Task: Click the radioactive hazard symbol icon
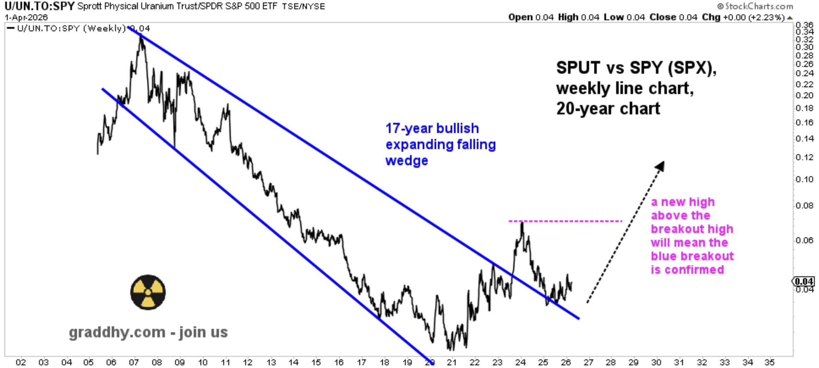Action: pos(148,292)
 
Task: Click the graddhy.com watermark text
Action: pos(148,332)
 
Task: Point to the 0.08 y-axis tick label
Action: pos(805,205)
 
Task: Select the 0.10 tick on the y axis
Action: pos(805,179)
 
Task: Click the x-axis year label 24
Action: pos(520,362)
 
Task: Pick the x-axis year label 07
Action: pos(134,362)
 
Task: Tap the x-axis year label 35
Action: pos(770,362)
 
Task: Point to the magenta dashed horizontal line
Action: pos(565,221)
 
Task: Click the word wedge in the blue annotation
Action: pos(407,161)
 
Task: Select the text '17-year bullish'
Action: pos(432,128)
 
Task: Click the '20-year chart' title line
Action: pos(608,109)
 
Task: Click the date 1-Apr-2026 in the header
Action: pos(26,17)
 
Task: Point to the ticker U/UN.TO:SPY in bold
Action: pos(39,6)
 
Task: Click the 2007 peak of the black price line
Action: pos(141,37)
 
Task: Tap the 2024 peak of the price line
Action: pos(522,223)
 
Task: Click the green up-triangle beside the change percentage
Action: pos(790,18)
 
